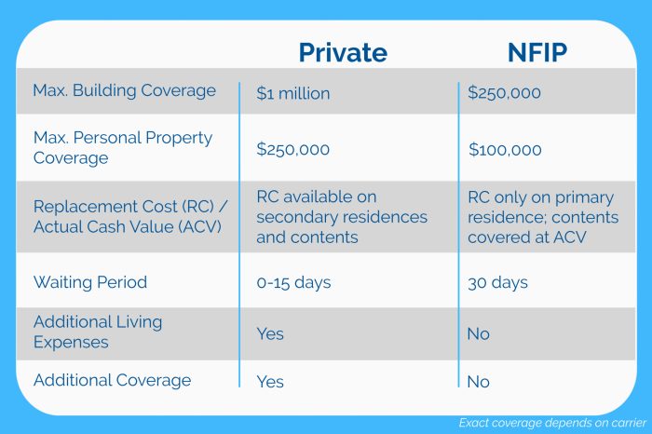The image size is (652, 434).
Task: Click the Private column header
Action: coord(342,52)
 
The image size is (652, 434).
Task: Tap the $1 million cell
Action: coord(293,93)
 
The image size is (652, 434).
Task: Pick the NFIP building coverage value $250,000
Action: coord(504,93)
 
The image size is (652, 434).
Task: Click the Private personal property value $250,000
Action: coord(293,149)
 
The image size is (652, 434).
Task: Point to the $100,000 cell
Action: coord(504,149)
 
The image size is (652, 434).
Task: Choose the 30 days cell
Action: coord(497,281)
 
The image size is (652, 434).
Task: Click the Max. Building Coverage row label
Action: coord(124,91)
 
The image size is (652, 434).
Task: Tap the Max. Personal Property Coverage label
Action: coord(122,147)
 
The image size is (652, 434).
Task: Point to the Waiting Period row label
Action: coord(90,281)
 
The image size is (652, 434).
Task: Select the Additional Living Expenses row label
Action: coord(98,332)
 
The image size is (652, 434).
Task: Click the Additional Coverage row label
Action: coord(112,380)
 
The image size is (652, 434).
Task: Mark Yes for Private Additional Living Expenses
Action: coord(270,333)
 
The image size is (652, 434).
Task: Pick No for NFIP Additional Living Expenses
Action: coord(478,333)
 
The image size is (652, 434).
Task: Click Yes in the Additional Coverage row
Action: coord(270,380)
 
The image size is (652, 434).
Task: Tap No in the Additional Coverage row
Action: coord(478,380)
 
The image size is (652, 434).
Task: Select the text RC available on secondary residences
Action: coord(342,207)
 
